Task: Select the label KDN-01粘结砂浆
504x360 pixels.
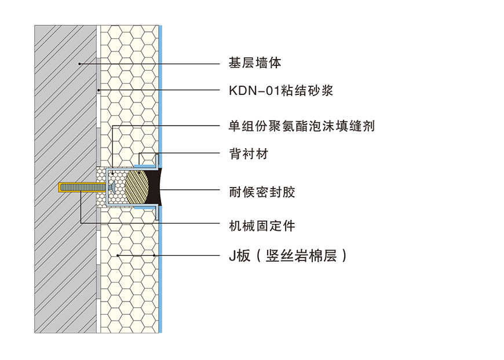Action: (280, 91)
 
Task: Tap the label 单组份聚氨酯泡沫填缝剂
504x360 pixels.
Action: (301, 126)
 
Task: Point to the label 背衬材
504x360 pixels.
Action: (249, 154)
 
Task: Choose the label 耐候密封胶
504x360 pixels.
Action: (262, 192)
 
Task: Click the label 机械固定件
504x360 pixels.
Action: (262, 225)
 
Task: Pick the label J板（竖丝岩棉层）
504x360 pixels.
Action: (288, 255)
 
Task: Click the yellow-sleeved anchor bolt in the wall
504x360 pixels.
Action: (81, 188)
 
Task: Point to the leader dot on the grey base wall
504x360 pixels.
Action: (79, 63)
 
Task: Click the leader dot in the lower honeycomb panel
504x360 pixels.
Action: (118, 255)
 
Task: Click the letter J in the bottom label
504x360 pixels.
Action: (232, 255)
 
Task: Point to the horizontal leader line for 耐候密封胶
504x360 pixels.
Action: (191, 189)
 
